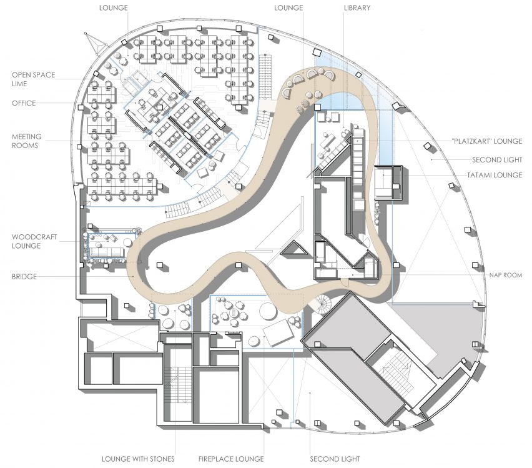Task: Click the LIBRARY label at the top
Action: pyautogui.click(x=357, y=7)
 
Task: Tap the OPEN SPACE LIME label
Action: pyautogui.click(x=33, y=79)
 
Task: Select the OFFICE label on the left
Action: pyautogui.click(x=24, y=103)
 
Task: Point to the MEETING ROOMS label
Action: pyautogui.click(x=27, y=141)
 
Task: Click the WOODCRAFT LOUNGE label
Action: pyautogui.click(x=34, y=241)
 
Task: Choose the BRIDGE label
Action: pyautogui.click(x=24, y=276)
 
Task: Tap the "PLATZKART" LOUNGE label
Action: pyautogui.click(x=487, y=141)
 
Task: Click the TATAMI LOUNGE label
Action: pyautogui.click(x=495, y=175)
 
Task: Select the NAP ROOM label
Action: pyautogui.click(x=506, y=275)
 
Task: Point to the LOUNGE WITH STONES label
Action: pyautogui.click(x=138, y=459)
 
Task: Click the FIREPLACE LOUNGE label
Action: pyautogui.click(x=231, y=459)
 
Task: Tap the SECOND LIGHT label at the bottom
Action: pyautogui.click(x=335, y=459)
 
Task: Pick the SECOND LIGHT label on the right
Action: pyautogui.click(x=497, y=159)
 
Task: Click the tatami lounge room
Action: pyautogui.click(x=388, y=182)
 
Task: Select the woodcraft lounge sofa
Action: pyautogui.click(x=107, y=252)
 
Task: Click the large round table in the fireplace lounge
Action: pyautogui.click(x=268, y=310)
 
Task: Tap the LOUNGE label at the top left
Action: pyautogui.click(x=113, y=7)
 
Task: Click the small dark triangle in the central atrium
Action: pyautogui.click(x=293, y=249)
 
